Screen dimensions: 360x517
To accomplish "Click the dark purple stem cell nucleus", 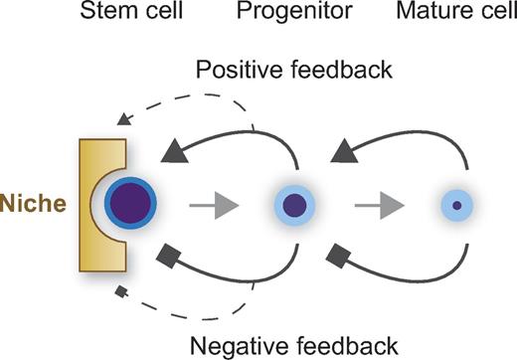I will coord(130,206).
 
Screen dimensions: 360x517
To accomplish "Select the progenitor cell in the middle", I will coord(296,206).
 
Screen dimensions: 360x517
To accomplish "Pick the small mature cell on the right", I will coord(456,206).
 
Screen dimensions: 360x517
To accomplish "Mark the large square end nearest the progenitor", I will coord(337,260).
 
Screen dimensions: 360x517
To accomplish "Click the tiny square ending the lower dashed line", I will coord(122,292).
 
